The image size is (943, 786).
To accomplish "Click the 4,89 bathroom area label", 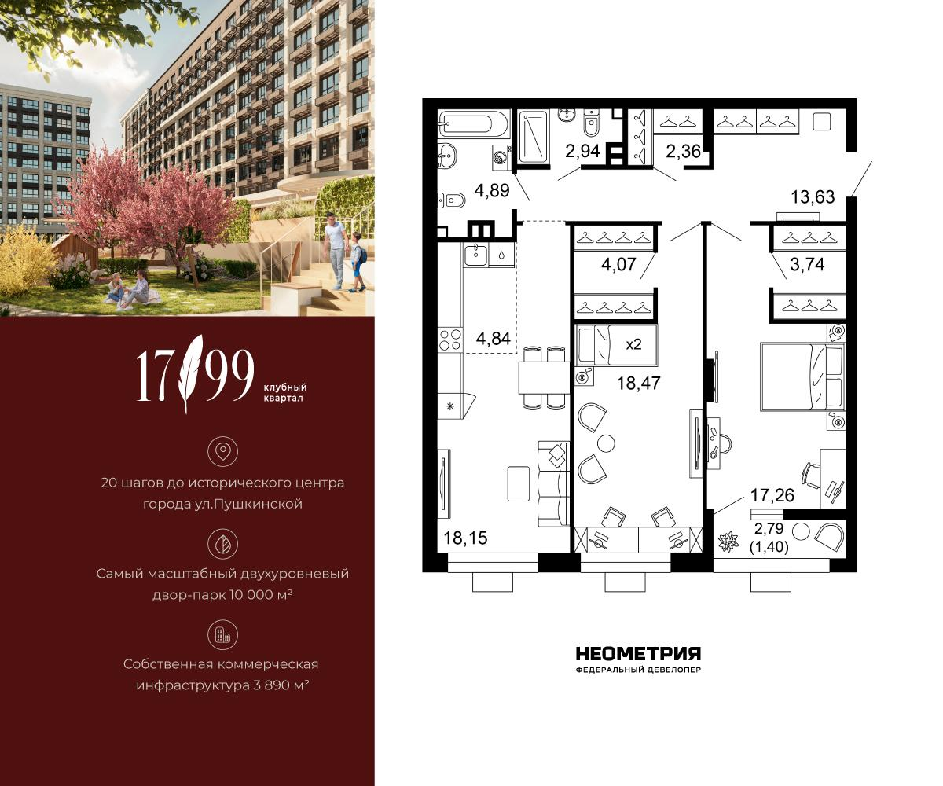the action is (492, 190).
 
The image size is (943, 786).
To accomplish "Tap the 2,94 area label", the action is (582, 151).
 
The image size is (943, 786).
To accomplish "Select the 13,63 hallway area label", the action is (813, 197).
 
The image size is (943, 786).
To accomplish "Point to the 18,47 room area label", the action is (639, 383).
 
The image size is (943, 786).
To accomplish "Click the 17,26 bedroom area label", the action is (772, 495).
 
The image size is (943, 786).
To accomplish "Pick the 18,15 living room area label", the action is (466, 538).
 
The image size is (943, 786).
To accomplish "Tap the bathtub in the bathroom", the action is (474, 123).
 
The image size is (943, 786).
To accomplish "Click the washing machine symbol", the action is (501, 156).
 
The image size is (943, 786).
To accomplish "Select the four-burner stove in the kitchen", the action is (449, 340).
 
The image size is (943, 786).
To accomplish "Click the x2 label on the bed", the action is (633, 345).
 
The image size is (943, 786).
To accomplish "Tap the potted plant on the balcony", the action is (728, 542).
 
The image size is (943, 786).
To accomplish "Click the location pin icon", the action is (222, 451).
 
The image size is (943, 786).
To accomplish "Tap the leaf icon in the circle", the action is (222, 544).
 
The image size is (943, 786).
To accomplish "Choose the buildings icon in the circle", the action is (222, 634).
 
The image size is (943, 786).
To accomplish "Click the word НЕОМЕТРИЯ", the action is (639, 654).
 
